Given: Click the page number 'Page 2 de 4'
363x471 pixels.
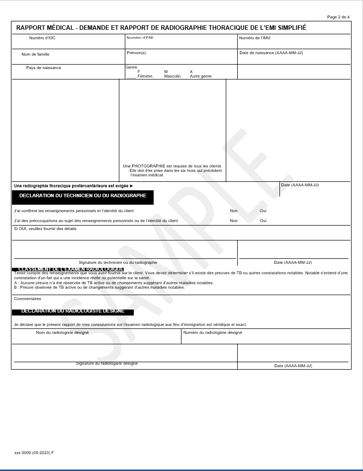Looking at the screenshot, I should point(338,17).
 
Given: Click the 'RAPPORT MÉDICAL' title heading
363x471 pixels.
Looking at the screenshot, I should point(161,28).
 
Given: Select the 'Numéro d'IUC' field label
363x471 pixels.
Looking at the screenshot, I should point(42,38).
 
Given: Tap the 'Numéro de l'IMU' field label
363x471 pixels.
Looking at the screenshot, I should point(255,38).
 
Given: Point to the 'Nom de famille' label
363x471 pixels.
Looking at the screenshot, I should point(35,54).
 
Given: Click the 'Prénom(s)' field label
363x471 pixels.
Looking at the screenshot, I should point(136,53).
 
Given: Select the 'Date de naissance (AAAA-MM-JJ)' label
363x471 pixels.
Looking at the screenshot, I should point(271,53).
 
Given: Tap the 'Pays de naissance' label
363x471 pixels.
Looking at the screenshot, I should point(44,68).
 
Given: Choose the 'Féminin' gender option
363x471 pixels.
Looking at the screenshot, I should point(145,76).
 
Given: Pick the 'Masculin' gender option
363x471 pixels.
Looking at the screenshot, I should point(173,76).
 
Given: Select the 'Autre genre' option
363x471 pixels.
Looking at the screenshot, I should point(200,76).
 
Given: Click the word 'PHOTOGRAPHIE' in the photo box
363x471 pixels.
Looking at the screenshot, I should point(148,166).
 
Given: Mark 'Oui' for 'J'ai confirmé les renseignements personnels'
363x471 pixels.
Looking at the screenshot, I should point(263,211).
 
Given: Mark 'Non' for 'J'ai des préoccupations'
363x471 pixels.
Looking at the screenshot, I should point(234,221).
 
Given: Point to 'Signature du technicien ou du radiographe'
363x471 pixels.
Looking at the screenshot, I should point(118,262).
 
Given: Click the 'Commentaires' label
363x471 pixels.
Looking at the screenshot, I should point(27,299).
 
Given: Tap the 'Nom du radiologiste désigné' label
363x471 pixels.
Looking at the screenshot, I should point(62,333).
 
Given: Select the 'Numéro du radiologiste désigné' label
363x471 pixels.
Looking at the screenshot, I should point(213,333).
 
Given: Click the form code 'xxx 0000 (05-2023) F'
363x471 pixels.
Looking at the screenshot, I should point(34,453).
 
